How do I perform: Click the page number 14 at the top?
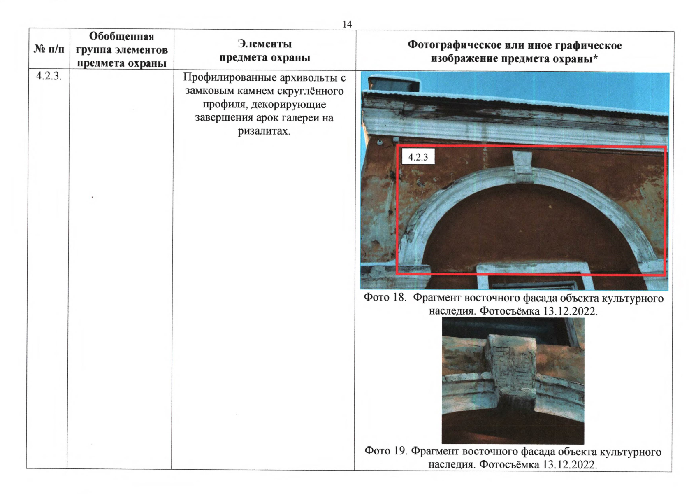(347, 24)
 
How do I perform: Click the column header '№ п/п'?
(49, 49)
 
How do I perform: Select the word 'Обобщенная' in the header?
(121, 36)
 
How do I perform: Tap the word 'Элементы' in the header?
(265, 44)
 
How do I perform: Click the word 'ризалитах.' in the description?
(264, 131)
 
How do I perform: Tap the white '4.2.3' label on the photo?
(418, 157)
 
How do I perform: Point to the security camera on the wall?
(380, 143)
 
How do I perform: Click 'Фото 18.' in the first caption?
(385, 298)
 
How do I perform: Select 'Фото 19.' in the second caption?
(385, 451)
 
